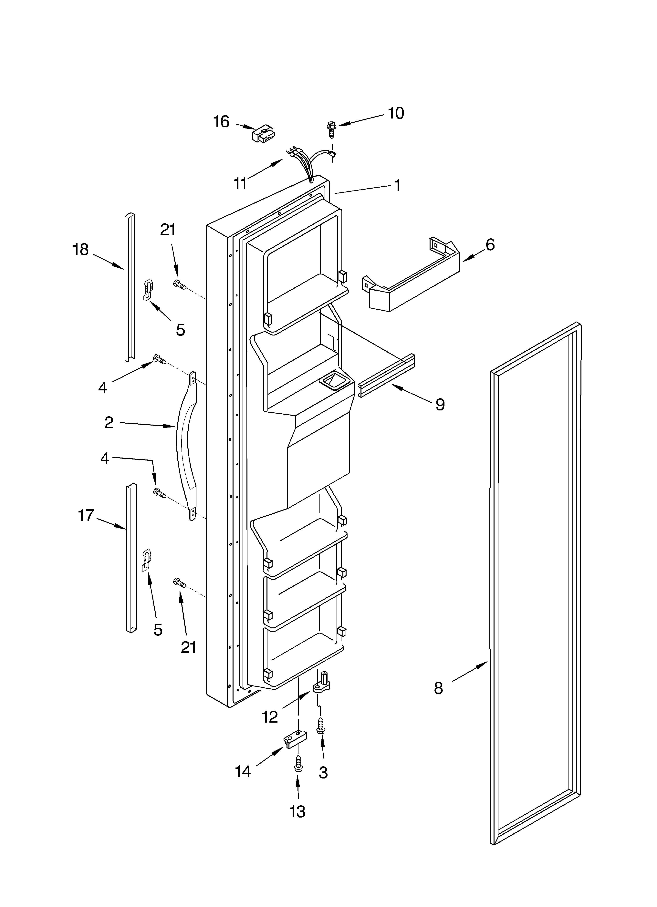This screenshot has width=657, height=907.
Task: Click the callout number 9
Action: (440, 405)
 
